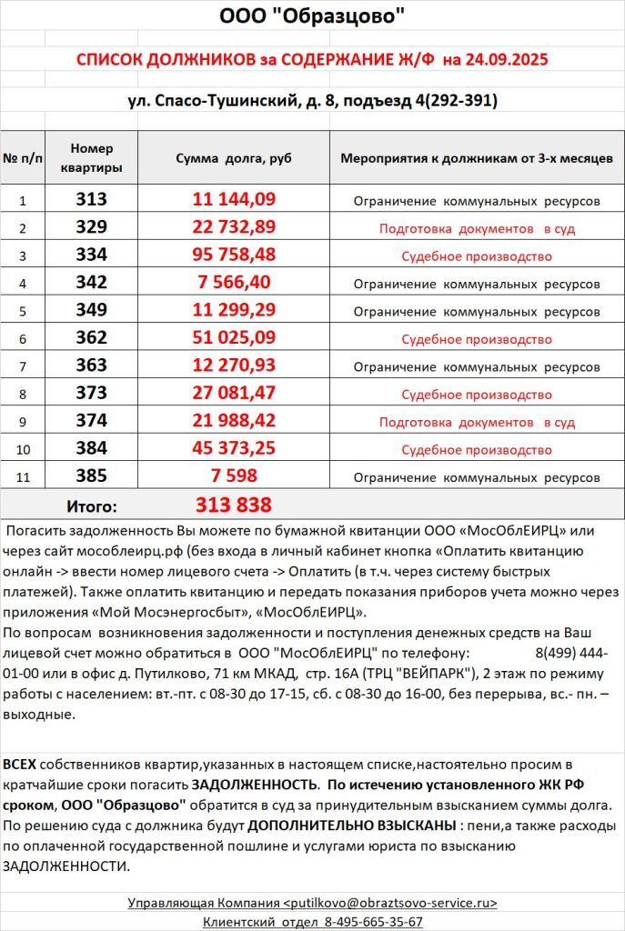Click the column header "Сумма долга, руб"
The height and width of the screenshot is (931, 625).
[x=234, y=158]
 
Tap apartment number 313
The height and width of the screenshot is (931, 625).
[x=91, y=200]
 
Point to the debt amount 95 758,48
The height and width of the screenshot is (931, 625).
[x=234, y=255]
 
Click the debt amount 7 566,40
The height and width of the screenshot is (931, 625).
[x=234, y=283]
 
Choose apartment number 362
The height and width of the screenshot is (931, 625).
[x=91, y=338]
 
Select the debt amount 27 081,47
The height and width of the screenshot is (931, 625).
[x=234, y=394]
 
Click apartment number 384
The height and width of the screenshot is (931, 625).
[x=91, y=449]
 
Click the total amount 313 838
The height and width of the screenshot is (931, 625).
[x=234, y=505]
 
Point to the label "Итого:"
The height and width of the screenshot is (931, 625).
[x=92, y=506]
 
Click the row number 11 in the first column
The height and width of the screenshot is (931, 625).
[x=24, y=477]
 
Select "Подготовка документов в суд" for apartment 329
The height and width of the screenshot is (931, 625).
[x=477, y=228]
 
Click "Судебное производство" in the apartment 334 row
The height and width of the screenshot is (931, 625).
[x=477, y=256]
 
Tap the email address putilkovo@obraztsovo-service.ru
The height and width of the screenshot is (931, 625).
[x=391, y=903]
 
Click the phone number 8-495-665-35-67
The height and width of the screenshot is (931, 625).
[x=373, y=921]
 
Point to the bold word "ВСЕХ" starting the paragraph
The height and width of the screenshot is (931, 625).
[x=21, y=763]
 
